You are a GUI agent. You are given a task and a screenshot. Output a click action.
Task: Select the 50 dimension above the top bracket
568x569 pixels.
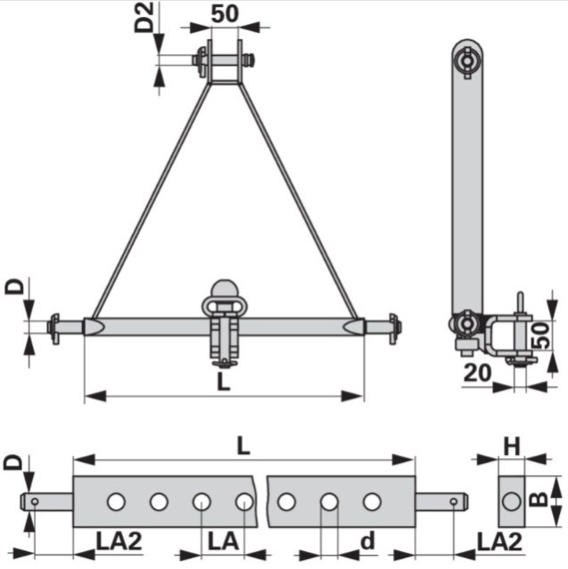[224, 15]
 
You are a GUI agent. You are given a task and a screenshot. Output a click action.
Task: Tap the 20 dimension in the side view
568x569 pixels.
[478, 372]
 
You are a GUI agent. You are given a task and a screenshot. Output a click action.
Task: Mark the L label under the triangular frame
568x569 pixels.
[224, 382]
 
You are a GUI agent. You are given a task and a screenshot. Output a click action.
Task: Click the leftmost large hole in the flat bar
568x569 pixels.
[116, 502]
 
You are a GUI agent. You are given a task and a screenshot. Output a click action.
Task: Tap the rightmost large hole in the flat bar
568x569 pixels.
[371, 502]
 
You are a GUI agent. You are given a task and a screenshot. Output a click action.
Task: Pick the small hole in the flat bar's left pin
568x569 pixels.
[34, 502]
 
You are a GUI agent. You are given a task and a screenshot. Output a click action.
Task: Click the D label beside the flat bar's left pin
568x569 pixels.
[12, 463]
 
